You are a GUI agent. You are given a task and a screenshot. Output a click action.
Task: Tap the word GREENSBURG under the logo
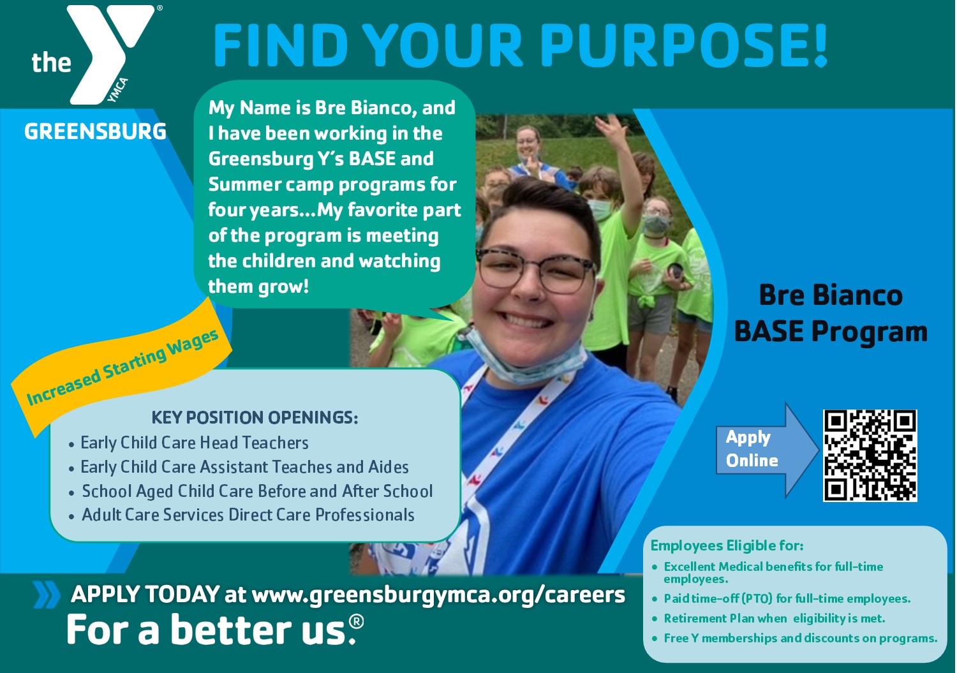click(95, 131)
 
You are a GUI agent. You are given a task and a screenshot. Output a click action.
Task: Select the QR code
click(870, 455)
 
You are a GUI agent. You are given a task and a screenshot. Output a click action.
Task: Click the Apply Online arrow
click(768, 450)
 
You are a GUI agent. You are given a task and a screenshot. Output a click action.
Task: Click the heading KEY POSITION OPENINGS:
click(255, 417)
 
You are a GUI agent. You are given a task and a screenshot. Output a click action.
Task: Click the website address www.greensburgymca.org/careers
click(438, 595)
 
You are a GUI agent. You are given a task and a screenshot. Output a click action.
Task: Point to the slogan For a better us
click(215, 630)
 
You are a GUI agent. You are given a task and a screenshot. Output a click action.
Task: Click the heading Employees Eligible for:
click(727, 545)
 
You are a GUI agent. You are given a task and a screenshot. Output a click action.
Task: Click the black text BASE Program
click(831, 332)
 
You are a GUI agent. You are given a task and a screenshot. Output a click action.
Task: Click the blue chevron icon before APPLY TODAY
click(46, 595)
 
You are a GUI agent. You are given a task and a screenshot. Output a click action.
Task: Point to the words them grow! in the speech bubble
click(258, 286)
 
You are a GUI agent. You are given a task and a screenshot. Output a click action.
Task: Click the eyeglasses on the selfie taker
click(536, 270)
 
